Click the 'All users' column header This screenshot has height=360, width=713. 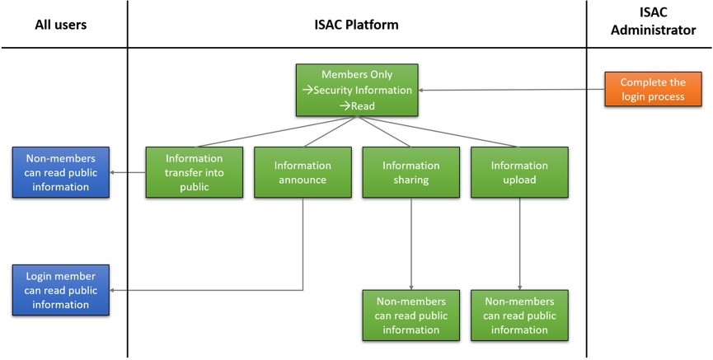pos(60,25)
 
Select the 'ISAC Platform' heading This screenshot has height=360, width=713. pos(356,25)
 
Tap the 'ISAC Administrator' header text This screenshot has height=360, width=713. pos(653,21)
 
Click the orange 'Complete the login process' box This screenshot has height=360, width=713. pos(653,89)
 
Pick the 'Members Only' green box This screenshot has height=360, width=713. pos(357,90)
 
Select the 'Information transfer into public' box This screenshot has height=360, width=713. pos(195,172)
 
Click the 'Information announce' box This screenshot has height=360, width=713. pos(303,172)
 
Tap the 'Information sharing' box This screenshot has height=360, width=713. pos(411,172)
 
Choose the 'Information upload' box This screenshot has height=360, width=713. pos(519,172)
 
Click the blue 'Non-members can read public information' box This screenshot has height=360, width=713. pos(60,172)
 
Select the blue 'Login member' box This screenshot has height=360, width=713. pos(60,290)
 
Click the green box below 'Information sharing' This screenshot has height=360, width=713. pos(411,316)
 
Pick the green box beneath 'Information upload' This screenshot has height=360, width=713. pos(519,316)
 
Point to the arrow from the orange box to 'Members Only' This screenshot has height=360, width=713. pos(511,90)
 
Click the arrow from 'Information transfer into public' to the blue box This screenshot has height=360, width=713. pos(128,172)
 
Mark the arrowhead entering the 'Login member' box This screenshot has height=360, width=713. pos(112,290)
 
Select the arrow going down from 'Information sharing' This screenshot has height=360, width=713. pos(411,244)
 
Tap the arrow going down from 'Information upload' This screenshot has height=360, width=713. pos(520,244)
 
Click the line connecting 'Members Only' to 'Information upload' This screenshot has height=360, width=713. pos(439,132)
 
